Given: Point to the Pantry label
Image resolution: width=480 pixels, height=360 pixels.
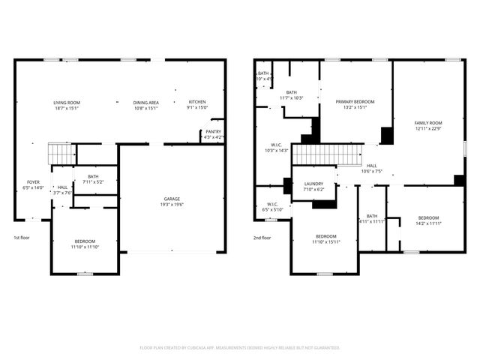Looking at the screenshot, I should click(214, 133).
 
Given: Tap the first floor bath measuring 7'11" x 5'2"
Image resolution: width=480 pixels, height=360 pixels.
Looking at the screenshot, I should click(92, 178).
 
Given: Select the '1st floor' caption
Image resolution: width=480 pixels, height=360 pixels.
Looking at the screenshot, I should click(22, 237).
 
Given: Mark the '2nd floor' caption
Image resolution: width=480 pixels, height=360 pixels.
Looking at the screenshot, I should click(262, 237).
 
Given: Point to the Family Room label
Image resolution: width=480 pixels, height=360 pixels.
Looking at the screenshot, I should click(429, 125).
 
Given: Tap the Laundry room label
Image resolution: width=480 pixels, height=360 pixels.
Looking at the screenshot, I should click(313, 186).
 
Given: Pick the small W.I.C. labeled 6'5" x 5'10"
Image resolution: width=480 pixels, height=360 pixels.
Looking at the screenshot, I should click(268, 206).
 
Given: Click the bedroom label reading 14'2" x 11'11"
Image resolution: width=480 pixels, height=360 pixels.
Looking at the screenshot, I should click(428, 220).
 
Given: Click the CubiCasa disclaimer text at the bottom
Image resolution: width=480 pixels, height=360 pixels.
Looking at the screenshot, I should click(240, 347).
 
